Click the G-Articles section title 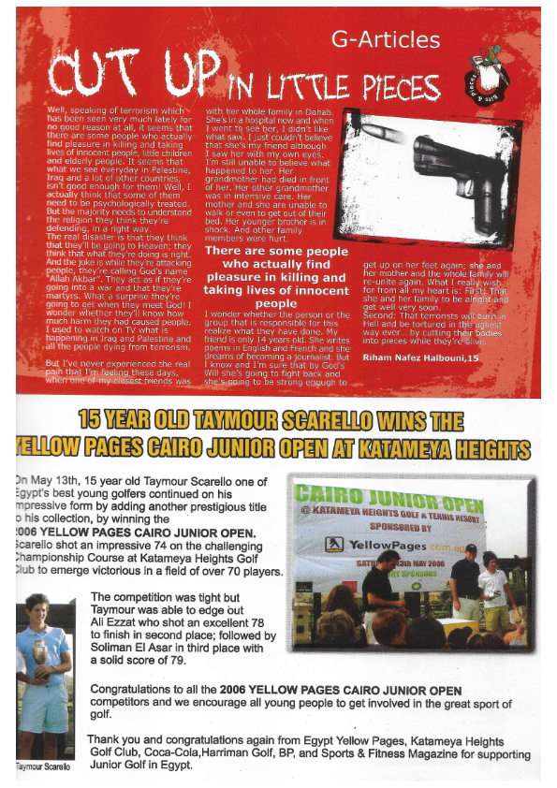pyautogui.click(x=385, y=39)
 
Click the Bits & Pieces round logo pyautogui.click(x=491, y=78)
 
